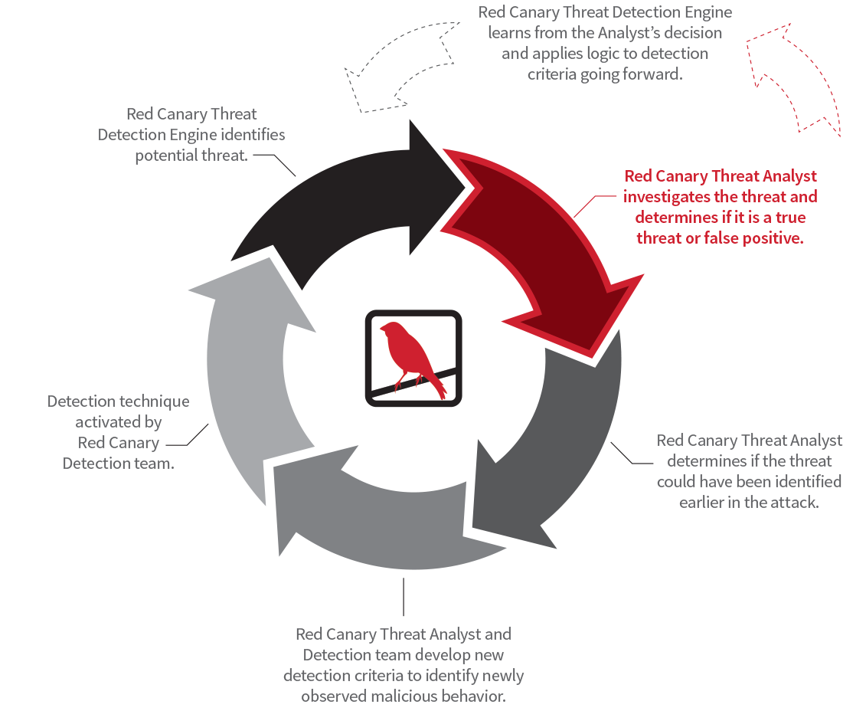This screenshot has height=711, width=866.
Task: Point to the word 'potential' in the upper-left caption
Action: [165, 156]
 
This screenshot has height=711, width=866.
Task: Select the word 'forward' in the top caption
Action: [652, 74]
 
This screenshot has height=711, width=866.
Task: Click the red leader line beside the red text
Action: [586, 204]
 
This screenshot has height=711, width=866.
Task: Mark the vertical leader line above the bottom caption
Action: [404, 598]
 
